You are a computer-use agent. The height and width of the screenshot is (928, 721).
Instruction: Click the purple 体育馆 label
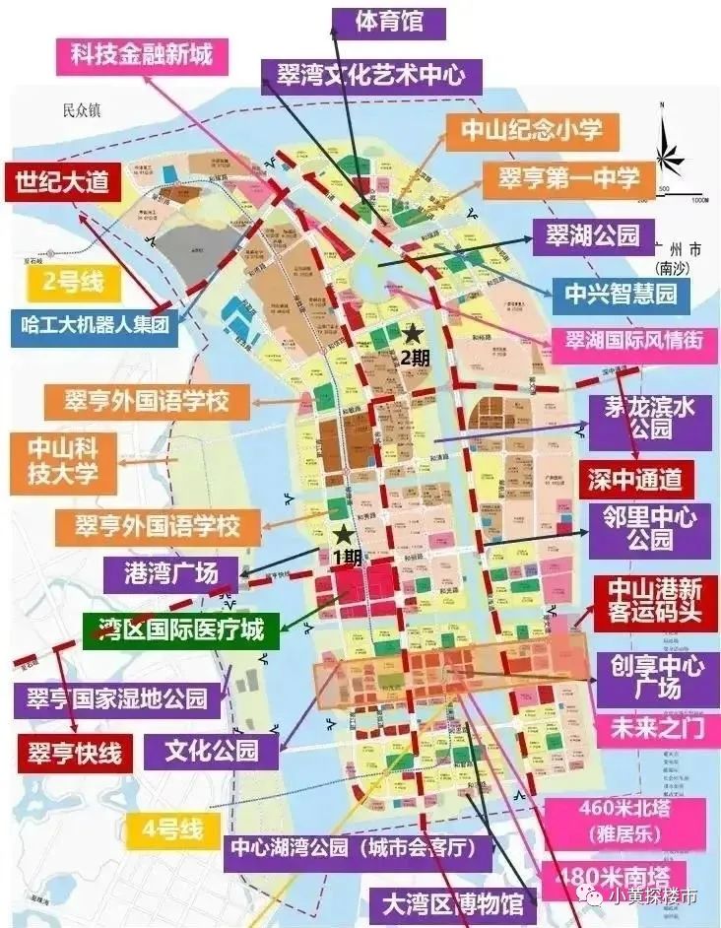click(x=374, y=22)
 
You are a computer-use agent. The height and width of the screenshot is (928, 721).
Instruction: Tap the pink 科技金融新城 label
click(x=141, y=53)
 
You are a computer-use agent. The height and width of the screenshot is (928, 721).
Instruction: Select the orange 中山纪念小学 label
click(x=531, y=132)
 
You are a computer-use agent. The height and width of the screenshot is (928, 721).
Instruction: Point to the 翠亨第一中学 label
click(x=568, y=179)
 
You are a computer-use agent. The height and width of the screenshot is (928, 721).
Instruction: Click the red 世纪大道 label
click(x=60, y=183)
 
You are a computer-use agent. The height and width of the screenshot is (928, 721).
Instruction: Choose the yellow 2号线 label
click(x=73, y=283)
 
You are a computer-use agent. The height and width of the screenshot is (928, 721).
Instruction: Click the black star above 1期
click(x=342, y=535)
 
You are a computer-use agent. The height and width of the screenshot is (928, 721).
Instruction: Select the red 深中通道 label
click(x=635, y=480)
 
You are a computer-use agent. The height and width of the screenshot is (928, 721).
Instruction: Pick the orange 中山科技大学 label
click(x=63, y=462)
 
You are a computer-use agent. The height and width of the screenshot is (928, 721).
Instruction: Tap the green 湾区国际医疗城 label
click(x=181, y=630)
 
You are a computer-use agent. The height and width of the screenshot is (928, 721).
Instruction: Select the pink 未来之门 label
click(x=654, y=730)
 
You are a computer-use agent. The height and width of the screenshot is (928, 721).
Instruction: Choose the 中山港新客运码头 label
click(x=655, y=603)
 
